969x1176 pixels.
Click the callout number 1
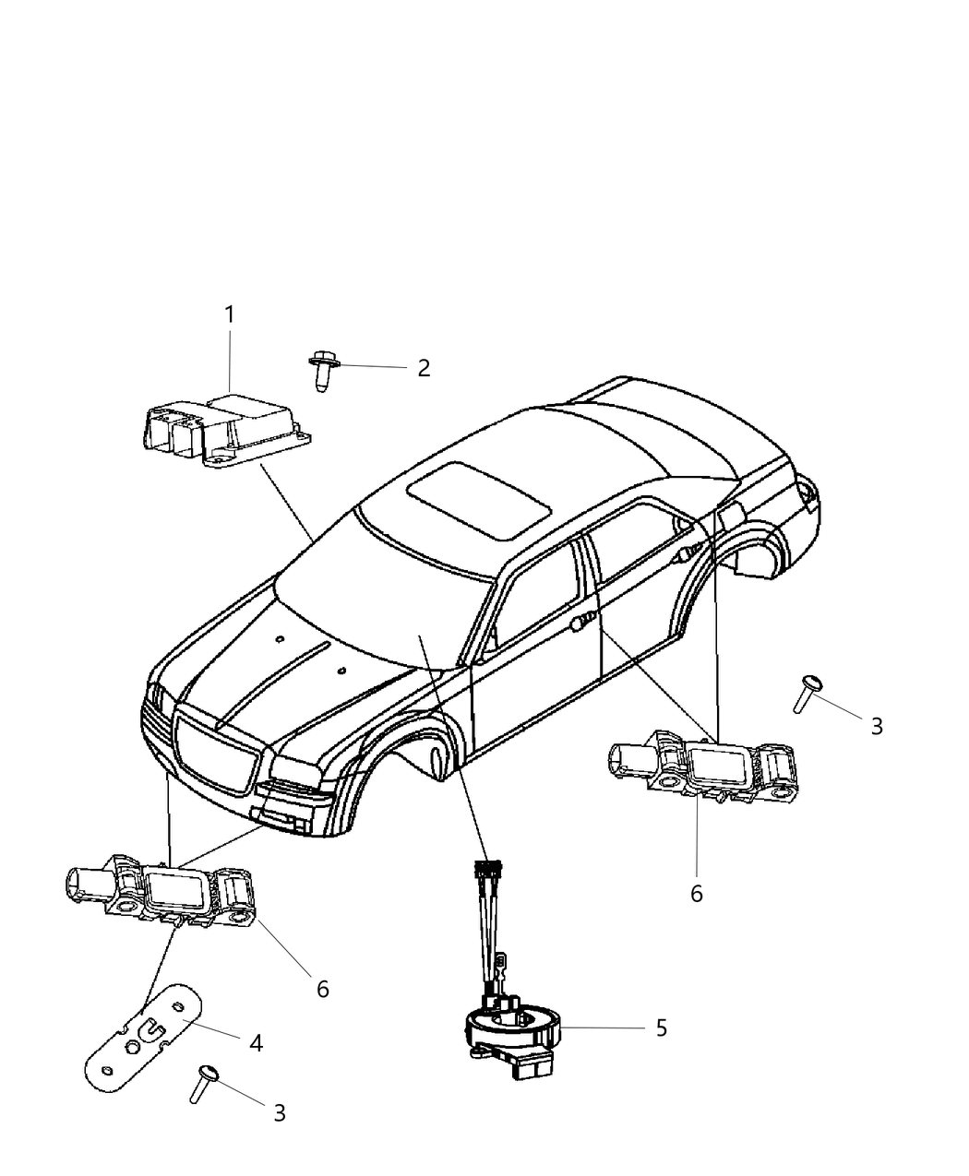(230, 315)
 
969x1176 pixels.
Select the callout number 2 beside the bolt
(424, 368)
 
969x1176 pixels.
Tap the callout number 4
(256, 1043)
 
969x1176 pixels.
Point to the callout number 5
(661, 1028)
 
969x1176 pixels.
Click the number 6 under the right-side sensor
(697, 893)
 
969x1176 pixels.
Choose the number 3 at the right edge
(876, 726)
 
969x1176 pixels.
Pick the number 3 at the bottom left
(279, 1113)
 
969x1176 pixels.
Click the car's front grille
(215, 748)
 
